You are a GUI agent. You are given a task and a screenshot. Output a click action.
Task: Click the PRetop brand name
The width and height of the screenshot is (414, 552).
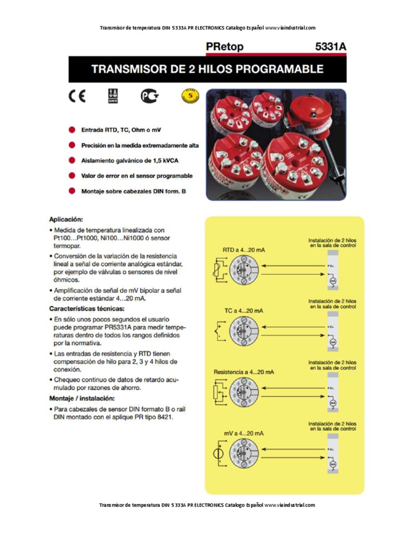tap(225, 47)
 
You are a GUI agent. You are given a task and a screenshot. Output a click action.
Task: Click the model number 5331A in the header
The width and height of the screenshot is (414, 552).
tap(330, 47)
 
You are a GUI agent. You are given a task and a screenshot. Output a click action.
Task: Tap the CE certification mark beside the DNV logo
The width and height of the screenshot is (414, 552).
tap(77, 97)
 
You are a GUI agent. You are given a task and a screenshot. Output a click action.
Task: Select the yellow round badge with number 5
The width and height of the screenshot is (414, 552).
tap(190, 96)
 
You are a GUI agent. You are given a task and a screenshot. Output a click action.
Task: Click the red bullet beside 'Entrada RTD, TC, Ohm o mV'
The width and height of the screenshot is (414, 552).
tap(72, 130)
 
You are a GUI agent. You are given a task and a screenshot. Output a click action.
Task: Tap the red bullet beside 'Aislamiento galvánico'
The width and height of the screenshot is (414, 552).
tap(72, 161)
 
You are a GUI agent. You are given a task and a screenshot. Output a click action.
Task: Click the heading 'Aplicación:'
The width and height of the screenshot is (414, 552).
tap(66, 219)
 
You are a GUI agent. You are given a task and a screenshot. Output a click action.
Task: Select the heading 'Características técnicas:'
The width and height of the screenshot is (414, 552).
tap(87, 309)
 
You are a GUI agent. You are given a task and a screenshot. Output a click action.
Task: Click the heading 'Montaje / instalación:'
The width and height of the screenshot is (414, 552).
tap(82, 398)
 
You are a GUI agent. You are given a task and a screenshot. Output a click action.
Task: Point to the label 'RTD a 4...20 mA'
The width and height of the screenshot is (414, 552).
tap(244, 250)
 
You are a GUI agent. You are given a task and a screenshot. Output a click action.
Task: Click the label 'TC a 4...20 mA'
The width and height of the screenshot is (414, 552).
tap(244, 311)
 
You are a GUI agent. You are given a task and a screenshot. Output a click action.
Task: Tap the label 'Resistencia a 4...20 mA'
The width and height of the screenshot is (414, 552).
tap(244, 372)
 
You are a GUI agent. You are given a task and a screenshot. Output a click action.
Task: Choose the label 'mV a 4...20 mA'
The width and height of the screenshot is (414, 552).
tap(244, 433)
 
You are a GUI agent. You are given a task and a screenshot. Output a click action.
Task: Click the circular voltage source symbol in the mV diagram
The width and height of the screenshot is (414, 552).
tap(218, 453)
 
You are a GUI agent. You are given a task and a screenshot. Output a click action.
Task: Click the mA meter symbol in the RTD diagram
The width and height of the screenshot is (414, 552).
tap(333, 281)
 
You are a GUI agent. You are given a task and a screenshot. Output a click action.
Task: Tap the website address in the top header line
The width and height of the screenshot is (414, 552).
tap(290, 28)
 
